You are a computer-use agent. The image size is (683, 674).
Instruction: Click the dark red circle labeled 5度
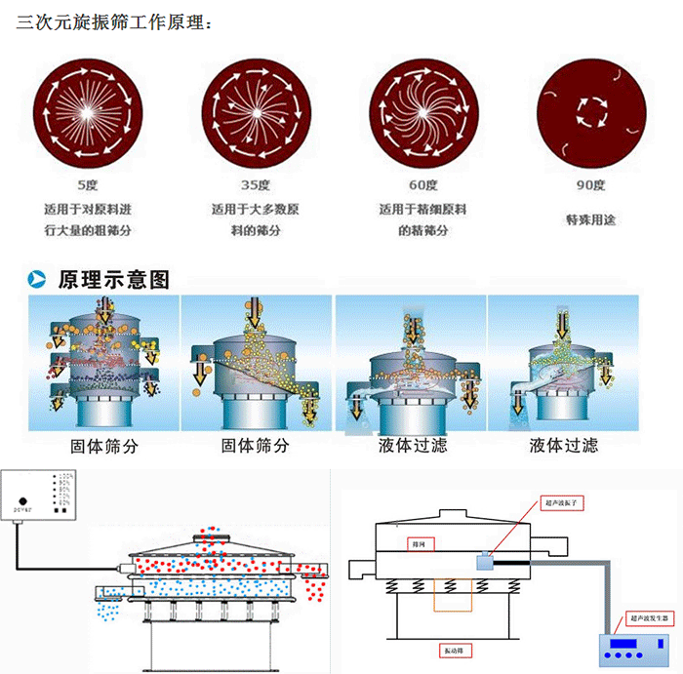(x=89, y=113)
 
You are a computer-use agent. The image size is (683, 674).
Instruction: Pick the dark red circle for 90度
(x=592, y=113)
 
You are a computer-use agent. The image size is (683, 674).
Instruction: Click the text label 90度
(x=591, y=185)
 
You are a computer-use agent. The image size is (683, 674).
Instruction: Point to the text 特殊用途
(x=591, y=219)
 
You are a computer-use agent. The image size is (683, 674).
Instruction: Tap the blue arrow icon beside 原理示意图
(x=38, y=281)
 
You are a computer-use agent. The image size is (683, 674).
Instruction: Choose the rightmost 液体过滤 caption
(x=563, y=446)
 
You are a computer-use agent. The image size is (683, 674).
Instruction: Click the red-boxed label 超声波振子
(x=564, y=503)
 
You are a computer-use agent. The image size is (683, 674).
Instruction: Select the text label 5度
(x=89, y=185)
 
